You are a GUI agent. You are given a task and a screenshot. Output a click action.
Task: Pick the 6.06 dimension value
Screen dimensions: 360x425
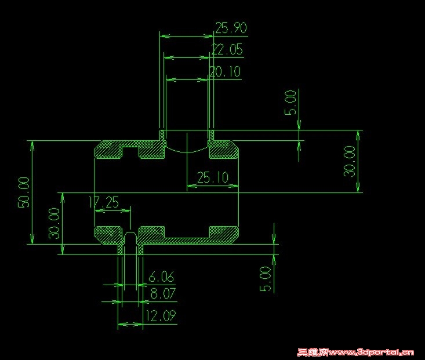pos(162,277)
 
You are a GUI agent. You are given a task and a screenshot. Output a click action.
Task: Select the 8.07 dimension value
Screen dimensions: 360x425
pos(163,294)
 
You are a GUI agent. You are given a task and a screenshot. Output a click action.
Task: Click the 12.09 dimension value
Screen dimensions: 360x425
pos(162,317)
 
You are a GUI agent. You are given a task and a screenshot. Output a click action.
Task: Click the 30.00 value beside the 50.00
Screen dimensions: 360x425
pos(54,223)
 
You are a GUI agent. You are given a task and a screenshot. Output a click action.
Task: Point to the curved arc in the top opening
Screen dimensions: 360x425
pos(187,149)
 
